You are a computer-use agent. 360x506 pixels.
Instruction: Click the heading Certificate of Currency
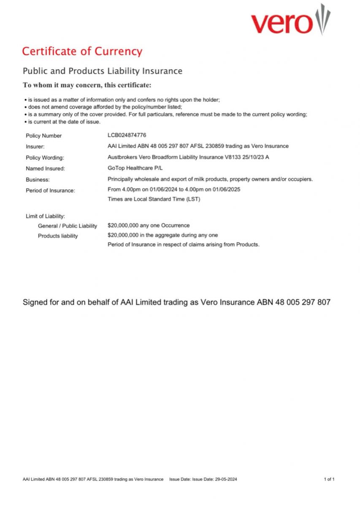click(x=82, y=51)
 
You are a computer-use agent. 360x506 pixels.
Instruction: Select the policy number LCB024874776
click(x=127, y=135)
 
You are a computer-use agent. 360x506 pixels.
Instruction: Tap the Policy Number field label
click(x=43, y=136)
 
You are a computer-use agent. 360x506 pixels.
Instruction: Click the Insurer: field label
click(x=35, y=147)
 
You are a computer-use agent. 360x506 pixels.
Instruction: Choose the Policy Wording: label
click(x=45, y=158)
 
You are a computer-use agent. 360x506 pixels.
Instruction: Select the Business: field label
click(x=38, y=180)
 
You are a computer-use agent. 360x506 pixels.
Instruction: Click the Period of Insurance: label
click(x=50, y=191)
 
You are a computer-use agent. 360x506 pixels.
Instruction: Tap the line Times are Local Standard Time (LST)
click(x=154, y=199)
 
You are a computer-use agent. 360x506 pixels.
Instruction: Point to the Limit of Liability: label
click(x=45, y=216)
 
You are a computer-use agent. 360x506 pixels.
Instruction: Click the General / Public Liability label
click(x=68, y=226)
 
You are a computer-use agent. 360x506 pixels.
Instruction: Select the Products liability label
click(x=58, y=236)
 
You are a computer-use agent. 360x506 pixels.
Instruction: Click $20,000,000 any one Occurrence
click(x=149, y=225)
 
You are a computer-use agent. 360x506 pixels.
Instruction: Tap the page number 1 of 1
click(x=329, y=479)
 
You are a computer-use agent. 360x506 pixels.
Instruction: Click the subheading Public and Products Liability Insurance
click(x=102, y=71)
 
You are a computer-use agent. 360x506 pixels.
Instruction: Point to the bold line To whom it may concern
click(x=87, y=85)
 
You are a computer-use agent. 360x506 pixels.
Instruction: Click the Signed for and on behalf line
click(x=176, y=302)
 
